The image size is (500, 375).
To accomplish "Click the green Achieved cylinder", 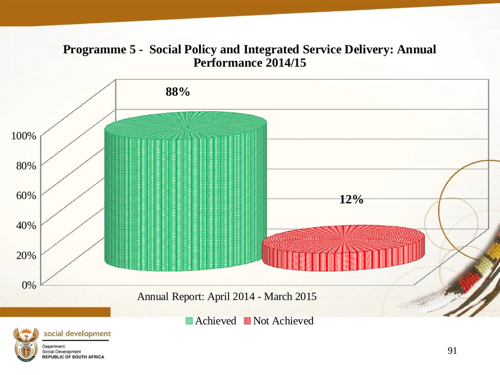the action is point(186,191).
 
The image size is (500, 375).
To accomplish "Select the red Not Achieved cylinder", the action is point(343,248).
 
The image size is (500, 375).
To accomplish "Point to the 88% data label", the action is point(178,92).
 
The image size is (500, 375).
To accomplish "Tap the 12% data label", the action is point(352,200).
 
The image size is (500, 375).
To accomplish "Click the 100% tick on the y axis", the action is point(24,136).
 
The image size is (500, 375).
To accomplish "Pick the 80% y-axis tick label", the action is point(26,166).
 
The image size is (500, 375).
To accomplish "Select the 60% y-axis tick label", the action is point(26,195).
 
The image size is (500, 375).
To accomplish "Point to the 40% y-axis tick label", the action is point(26,225).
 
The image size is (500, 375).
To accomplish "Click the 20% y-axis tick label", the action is point(26,255).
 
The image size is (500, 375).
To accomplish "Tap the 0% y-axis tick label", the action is point(29,285).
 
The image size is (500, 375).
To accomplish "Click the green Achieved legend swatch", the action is point(189,321).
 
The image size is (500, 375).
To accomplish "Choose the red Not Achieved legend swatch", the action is point(247,321).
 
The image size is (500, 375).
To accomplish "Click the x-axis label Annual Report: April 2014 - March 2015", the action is point(227,296).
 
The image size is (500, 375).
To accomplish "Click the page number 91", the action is point(453,351).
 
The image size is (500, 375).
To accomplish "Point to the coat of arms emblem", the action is point(26,345).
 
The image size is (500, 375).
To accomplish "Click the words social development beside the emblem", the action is point(77,334).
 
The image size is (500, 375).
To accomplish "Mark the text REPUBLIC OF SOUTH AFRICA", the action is point(73,357).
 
